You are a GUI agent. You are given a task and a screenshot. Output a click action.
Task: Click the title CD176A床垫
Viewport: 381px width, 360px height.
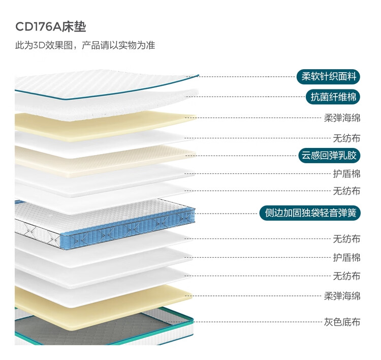pos(50,26)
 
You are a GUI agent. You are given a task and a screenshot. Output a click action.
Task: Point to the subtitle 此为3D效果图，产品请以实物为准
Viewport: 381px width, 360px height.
pos(85,45)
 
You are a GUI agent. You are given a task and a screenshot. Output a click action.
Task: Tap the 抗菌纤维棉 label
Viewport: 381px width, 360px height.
pos(333,97)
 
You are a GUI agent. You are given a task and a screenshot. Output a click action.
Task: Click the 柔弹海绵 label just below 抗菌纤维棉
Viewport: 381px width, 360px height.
pos(342,118)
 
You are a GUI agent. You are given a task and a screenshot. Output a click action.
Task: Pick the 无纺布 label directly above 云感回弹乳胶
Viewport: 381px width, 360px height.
pos(346,138)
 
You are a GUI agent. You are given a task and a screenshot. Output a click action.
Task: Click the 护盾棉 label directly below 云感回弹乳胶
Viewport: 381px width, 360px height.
pos(346,174)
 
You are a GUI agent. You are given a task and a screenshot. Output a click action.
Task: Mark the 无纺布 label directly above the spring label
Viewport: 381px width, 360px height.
pos(346,192)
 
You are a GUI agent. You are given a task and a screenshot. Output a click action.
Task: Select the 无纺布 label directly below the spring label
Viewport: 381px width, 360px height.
pos(346,238)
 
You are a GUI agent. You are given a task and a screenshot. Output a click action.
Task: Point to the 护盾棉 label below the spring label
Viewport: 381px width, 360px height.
pos(346,257)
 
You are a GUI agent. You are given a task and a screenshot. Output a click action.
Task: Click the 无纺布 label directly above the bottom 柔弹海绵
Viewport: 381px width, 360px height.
pos(346,276)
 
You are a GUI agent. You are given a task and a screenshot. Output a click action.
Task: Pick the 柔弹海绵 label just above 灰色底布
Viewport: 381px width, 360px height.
pos(342,296)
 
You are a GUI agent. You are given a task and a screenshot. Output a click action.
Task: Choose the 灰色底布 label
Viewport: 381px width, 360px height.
pos(342,322)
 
